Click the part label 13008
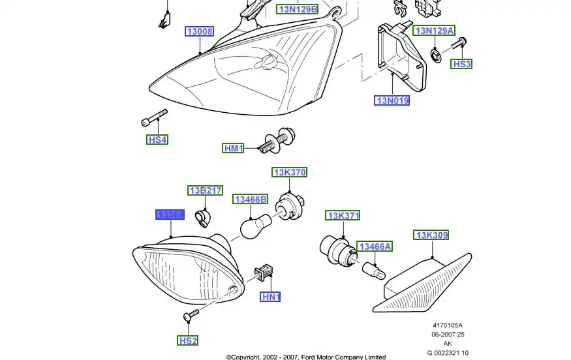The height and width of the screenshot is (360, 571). point(200,31)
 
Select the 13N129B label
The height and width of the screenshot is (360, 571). point(298,9)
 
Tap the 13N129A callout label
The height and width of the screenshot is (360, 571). point(435,31)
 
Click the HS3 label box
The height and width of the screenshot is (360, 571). point(462,64)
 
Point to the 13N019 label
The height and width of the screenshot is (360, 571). point(392,100)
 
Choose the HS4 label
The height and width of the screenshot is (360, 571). point(157,140)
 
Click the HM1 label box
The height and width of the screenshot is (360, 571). point(233,149)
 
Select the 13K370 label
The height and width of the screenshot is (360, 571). point(289,172)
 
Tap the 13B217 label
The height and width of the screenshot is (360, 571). point(206,190)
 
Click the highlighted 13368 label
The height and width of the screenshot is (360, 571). point(170,215)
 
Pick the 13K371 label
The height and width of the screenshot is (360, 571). point(343,215)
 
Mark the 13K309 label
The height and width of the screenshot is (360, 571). point(432,235)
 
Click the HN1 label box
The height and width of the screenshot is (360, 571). point(270,297)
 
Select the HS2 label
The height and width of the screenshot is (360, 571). point(188,340)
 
